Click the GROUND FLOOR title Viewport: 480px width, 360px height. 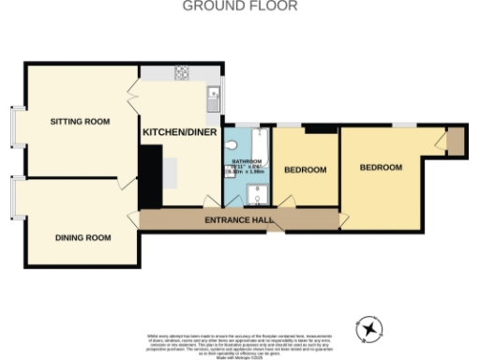coord(239,7)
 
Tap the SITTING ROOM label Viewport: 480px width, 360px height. coord(80,121)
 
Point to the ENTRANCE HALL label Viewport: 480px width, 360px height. coord(239,220)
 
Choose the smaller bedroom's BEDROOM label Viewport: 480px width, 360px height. coord(305,170)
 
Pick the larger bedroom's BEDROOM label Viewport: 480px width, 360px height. coord(381,168)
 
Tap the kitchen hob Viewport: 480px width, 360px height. coord(179,73)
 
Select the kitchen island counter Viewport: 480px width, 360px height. coord(172,172)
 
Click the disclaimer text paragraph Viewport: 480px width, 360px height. coord(239,341)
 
